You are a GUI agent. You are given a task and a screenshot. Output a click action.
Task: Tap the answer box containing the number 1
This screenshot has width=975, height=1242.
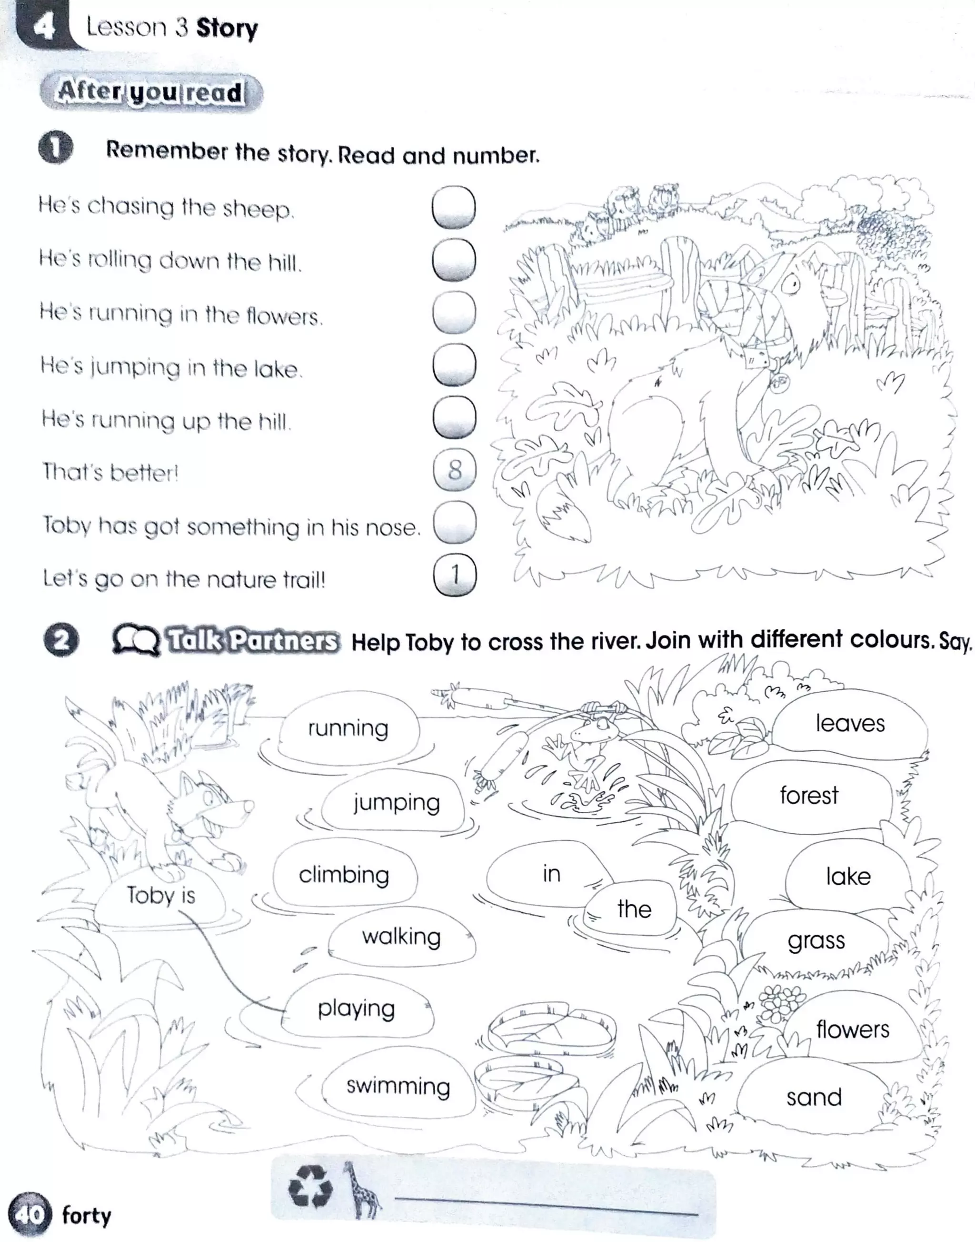point(455,575)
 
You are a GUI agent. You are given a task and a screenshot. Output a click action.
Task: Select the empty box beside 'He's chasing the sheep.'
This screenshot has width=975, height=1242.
point(454,207)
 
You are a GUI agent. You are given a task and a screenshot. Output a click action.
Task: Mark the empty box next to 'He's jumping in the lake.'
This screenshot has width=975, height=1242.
point(454,364)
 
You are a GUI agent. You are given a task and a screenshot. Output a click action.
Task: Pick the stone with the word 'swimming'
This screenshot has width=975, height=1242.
point(398,1085)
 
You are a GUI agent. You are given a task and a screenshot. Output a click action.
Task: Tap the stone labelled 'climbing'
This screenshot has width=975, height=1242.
point(344,875)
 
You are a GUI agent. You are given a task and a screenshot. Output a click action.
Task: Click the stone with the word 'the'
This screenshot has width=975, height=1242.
point(634,909)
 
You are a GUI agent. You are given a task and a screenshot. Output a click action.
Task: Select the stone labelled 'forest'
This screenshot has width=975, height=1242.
point(809,795)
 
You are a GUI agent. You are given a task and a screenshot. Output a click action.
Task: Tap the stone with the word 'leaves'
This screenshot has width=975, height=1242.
point(849,723)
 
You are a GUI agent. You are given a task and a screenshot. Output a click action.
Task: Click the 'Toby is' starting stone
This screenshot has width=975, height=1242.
point(160,895)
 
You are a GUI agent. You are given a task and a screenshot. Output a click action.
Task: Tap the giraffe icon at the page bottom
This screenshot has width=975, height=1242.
point(361,1191)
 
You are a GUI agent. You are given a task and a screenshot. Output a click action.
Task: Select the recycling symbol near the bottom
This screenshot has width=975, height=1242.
point(310,1187)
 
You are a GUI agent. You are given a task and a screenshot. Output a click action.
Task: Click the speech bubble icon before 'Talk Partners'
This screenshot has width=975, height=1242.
point(135,639)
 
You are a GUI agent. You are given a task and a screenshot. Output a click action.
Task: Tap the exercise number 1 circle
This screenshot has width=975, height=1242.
point(56,148)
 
